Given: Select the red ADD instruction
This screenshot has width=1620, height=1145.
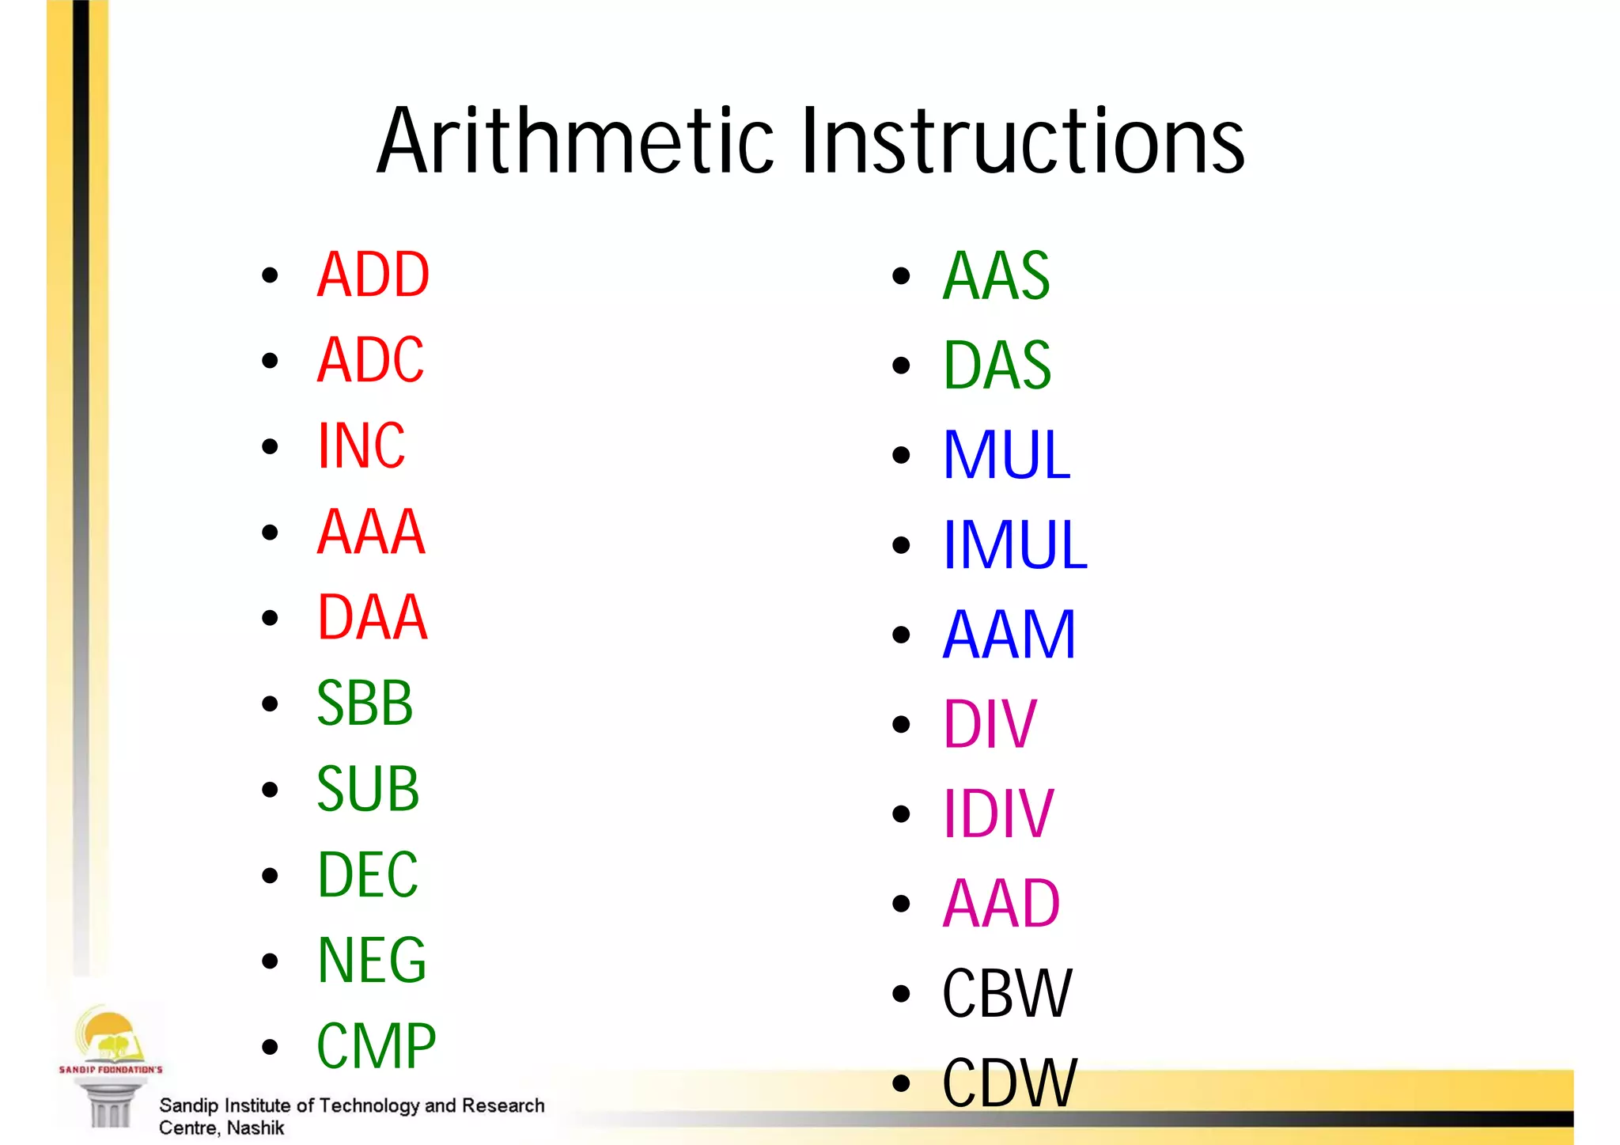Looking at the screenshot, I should pyautogui.click(x=373, y=275).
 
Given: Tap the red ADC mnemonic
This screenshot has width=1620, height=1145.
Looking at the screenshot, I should pyautogui.click(x=370, y=360).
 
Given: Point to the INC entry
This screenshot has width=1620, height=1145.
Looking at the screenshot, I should pyautogui.click(x=361, y=445).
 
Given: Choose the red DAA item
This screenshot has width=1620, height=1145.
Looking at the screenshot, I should pyautogui.click(x=372, y=617).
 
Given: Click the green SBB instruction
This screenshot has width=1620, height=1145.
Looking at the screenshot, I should pyautogui.click(x=365, y=703).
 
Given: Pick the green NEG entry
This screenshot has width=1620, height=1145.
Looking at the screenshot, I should pyautogui.click(x=371, y=960).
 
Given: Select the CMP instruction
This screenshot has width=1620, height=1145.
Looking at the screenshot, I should pyautogui.click(x=376, y=1045).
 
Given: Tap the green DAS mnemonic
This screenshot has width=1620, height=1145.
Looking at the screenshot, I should pyautogui.click(x=997, y=365).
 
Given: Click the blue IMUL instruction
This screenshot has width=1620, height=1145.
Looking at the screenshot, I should pyautogui.click(x=1015, y=544).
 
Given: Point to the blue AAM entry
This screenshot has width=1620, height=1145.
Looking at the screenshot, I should pyautogui.click(x=1009, y=634).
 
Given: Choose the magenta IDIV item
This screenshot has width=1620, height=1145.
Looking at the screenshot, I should pyautogui.click(x=997, y=813).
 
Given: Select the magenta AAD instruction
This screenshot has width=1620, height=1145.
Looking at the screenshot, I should pyautogui.click(x=1001, y=903).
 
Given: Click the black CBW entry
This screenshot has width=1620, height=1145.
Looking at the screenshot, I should pyautogui.click(x=1007, y=993).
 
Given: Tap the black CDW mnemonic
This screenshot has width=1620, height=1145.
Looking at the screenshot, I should pyautogui.click(x=1009, y=1082).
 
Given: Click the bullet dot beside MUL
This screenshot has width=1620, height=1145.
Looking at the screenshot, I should pyautogui.click(x=901, y=455).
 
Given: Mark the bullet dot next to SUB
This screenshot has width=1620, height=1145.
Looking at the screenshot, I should pyautogui.click(x=270, y=789).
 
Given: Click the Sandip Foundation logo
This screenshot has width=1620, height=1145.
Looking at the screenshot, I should pyautogui.click(x=109, y=1060).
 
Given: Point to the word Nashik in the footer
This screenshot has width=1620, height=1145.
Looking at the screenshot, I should pyautogui.click(x=255, y=1128).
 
